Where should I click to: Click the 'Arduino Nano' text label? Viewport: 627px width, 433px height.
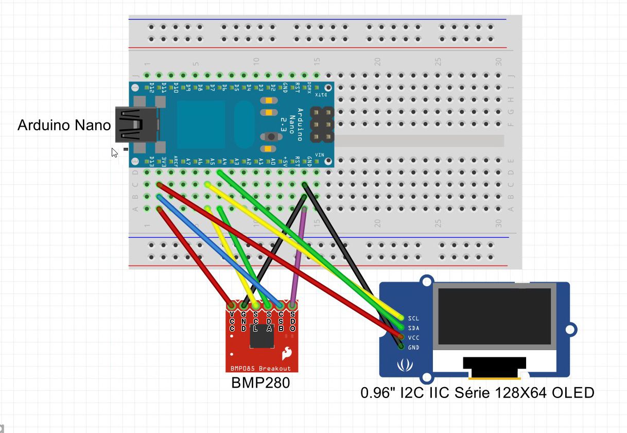point(64,125)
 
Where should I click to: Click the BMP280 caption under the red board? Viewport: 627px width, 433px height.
point(260,383)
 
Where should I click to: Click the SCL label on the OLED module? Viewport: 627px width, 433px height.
point(413,318)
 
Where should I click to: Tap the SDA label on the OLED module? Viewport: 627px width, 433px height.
point(413,328)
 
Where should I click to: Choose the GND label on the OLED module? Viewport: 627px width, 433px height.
point(413,348)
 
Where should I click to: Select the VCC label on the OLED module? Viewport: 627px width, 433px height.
point(413,338)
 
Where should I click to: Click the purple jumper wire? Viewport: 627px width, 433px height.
point(298,257)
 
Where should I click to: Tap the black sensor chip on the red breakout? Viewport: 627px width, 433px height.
point(262,336)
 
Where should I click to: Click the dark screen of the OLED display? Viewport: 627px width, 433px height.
point(494,316)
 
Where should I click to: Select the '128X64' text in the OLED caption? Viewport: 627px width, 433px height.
point(526,393)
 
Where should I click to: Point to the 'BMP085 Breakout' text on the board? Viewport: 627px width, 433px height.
point(260,368)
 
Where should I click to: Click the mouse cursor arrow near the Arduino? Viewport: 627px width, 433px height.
point(114,152)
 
